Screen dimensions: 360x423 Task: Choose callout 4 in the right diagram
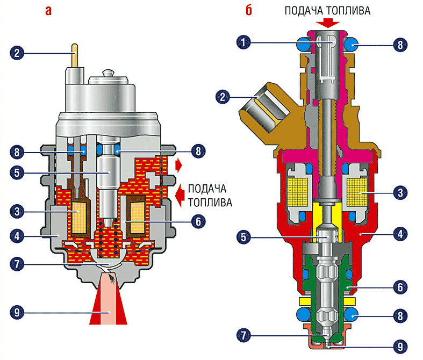click(398, 234)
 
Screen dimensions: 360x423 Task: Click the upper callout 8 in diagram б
click(398, 45)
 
